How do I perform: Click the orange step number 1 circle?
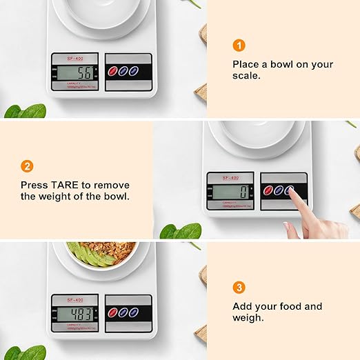(239, 46)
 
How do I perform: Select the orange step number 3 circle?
(239, 287)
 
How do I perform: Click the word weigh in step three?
(246, 318)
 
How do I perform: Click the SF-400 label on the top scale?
(75, 57)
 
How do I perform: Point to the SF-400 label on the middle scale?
(230, 178)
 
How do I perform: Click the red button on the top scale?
(114, 71)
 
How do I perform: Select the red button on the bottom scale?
(114, 312)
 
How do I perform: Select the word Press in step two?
(34, 185)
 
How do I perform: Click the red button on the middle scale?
(268, 191)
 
